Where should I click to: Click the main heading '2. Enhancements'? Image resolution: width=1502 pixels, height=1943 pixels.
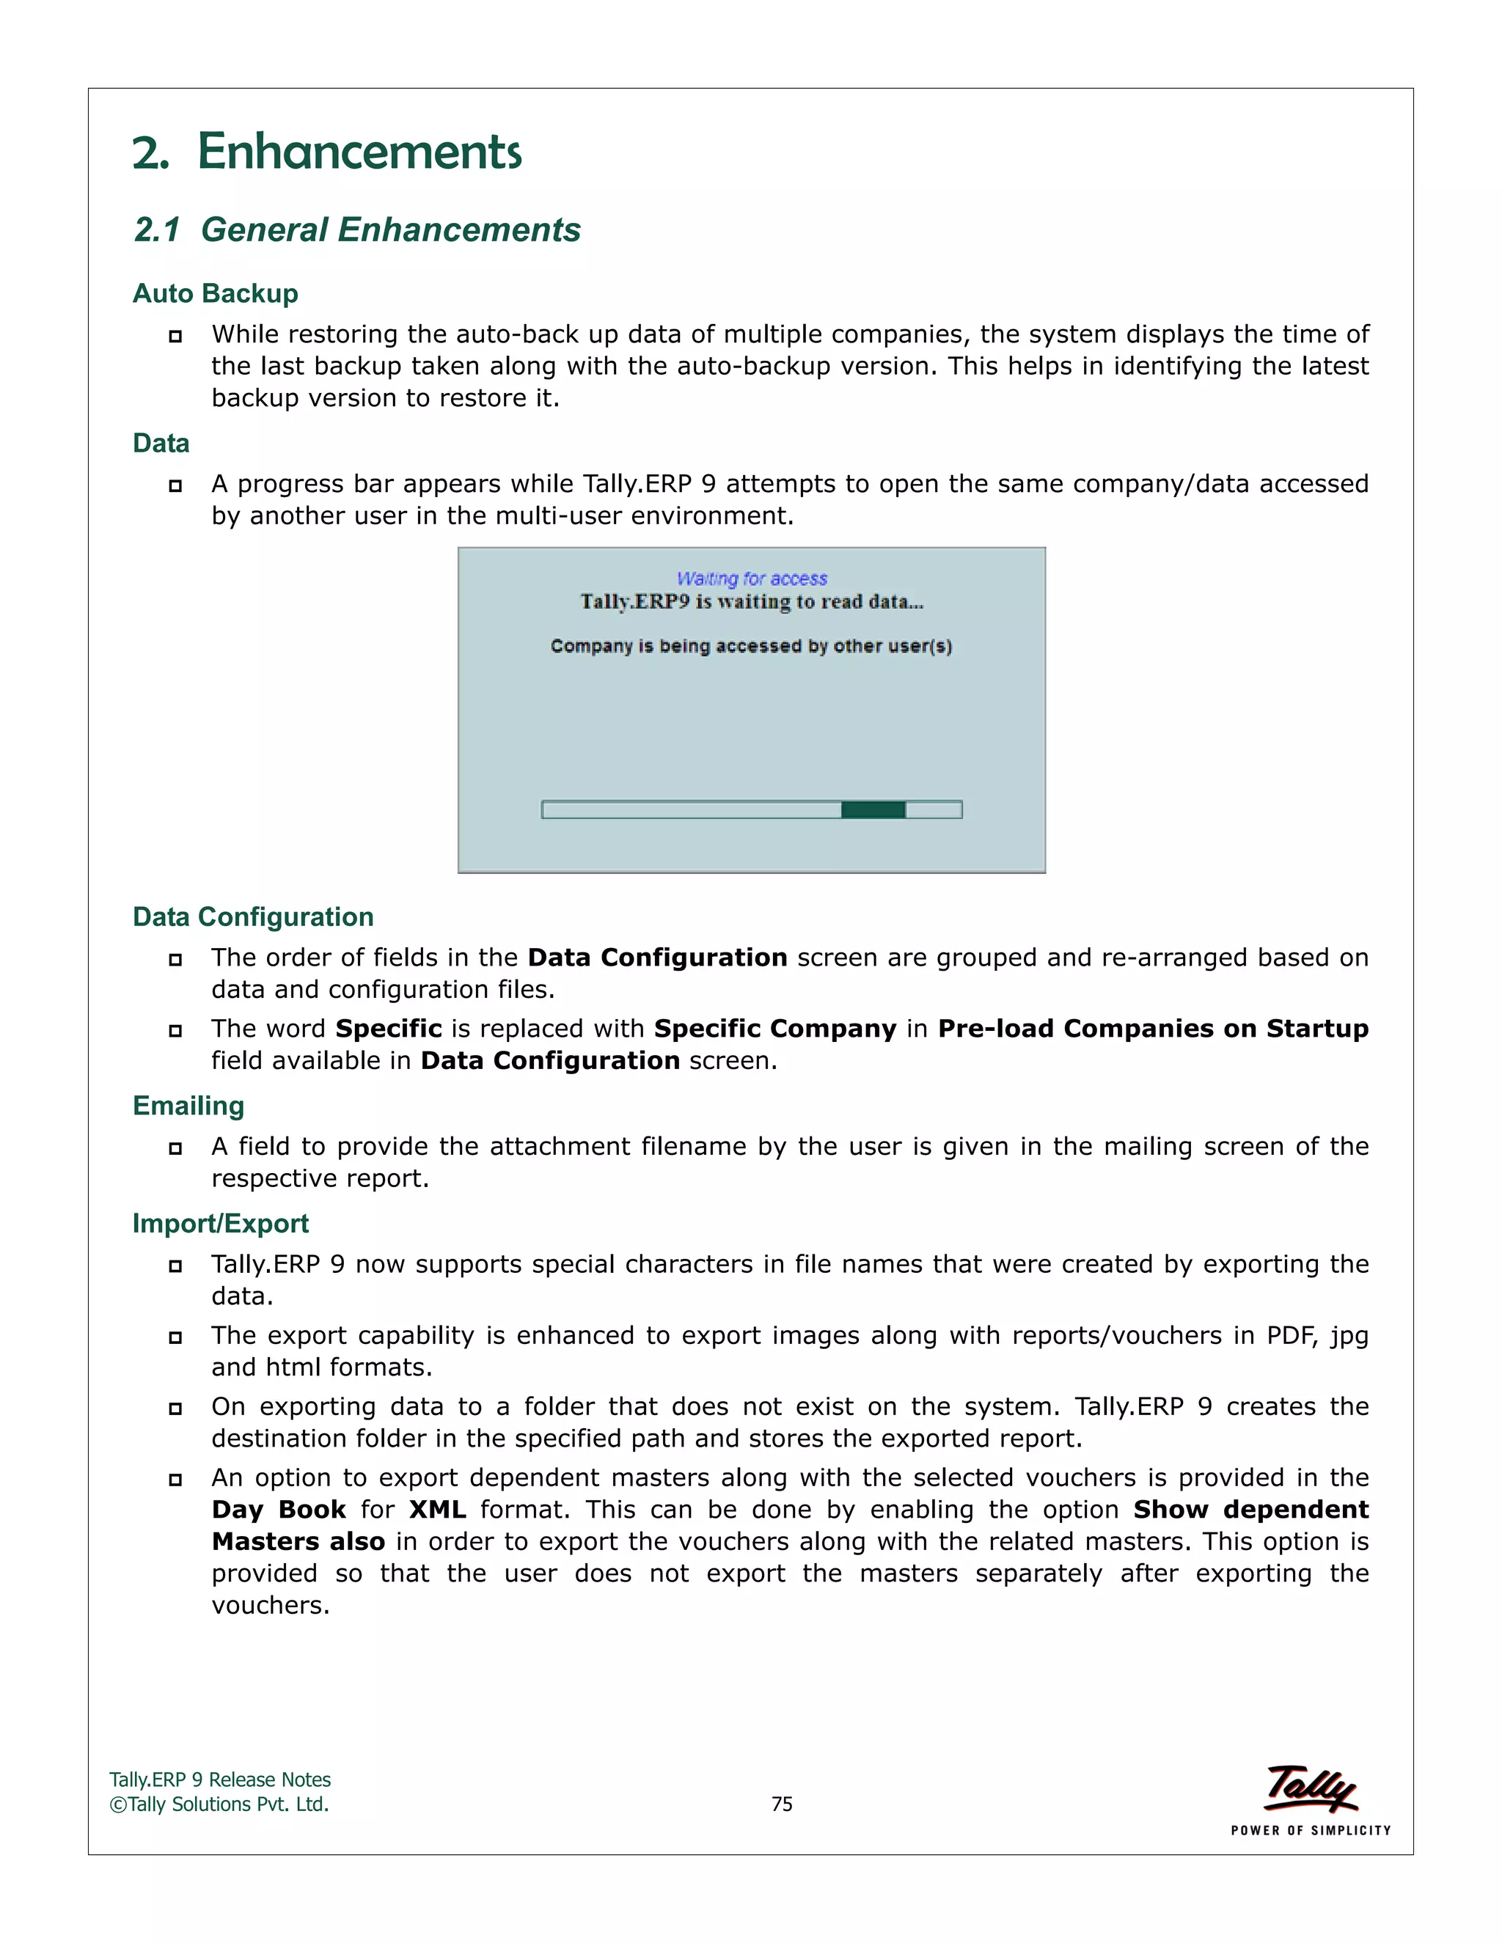coord(326,151)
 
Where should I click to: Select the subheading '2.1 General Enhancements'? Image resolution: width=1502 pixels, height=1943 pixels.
coord(357,229)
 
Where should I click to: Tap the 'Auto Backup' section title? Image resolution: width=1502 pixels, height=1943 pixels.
coord(216,293)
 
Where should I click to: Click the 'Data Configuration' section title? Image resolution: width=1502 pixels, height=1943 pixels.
coord(253,917)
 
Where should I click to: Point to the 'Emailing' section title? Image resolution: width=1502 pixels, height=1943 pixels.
coord(188,1106)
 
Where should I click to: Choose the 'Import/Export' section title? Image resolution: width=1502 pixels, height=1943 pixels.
coord(220,1223)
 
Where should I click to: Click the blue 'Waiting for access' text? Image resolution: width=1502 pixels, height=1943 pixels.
coord(752,579)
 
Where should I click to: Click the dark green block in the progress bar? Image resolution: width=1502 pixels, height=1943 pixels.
coord(873,809)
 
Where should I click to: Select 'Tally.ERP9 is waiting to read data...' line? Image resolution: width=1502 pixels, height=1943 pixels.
coord(752,602)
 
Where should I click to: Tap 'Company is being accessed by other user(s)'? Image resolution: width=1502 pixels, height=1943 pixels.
coord(751,647)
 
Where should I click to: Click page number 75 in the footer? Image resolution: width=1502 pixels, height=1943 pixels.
coord(781,1804)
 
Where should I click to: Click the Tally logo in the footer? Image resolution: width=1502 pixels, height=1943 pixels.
coord(1311,1788)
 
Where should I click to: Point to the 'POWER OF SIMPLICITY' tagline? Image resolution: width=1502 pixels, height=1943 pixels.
coord(1311,1830)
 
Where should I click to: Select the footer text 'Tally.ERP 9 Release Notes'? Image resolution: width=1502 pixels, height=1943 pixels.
coord(220,1780)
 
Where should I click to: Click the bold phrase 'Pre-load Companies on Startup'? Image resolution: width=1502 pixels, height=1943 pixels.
coord(1152,1029)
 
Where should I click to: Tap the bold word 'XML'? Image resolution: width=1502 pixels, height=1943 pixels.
coord(437,1510)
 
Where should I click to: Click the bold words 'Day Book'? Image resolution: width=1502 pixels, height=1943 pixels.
coord(279,1510)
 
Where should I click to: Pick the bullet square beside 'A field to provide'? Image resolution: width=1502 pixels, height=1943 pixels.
coord(175,1148)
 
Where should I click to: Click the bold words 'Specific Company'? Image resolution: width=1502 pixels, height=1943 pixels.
coord(774,1029)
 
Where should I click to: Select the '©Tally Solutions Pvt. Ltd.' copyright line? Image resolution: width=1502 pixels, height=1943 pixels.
coord(219,1804)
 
